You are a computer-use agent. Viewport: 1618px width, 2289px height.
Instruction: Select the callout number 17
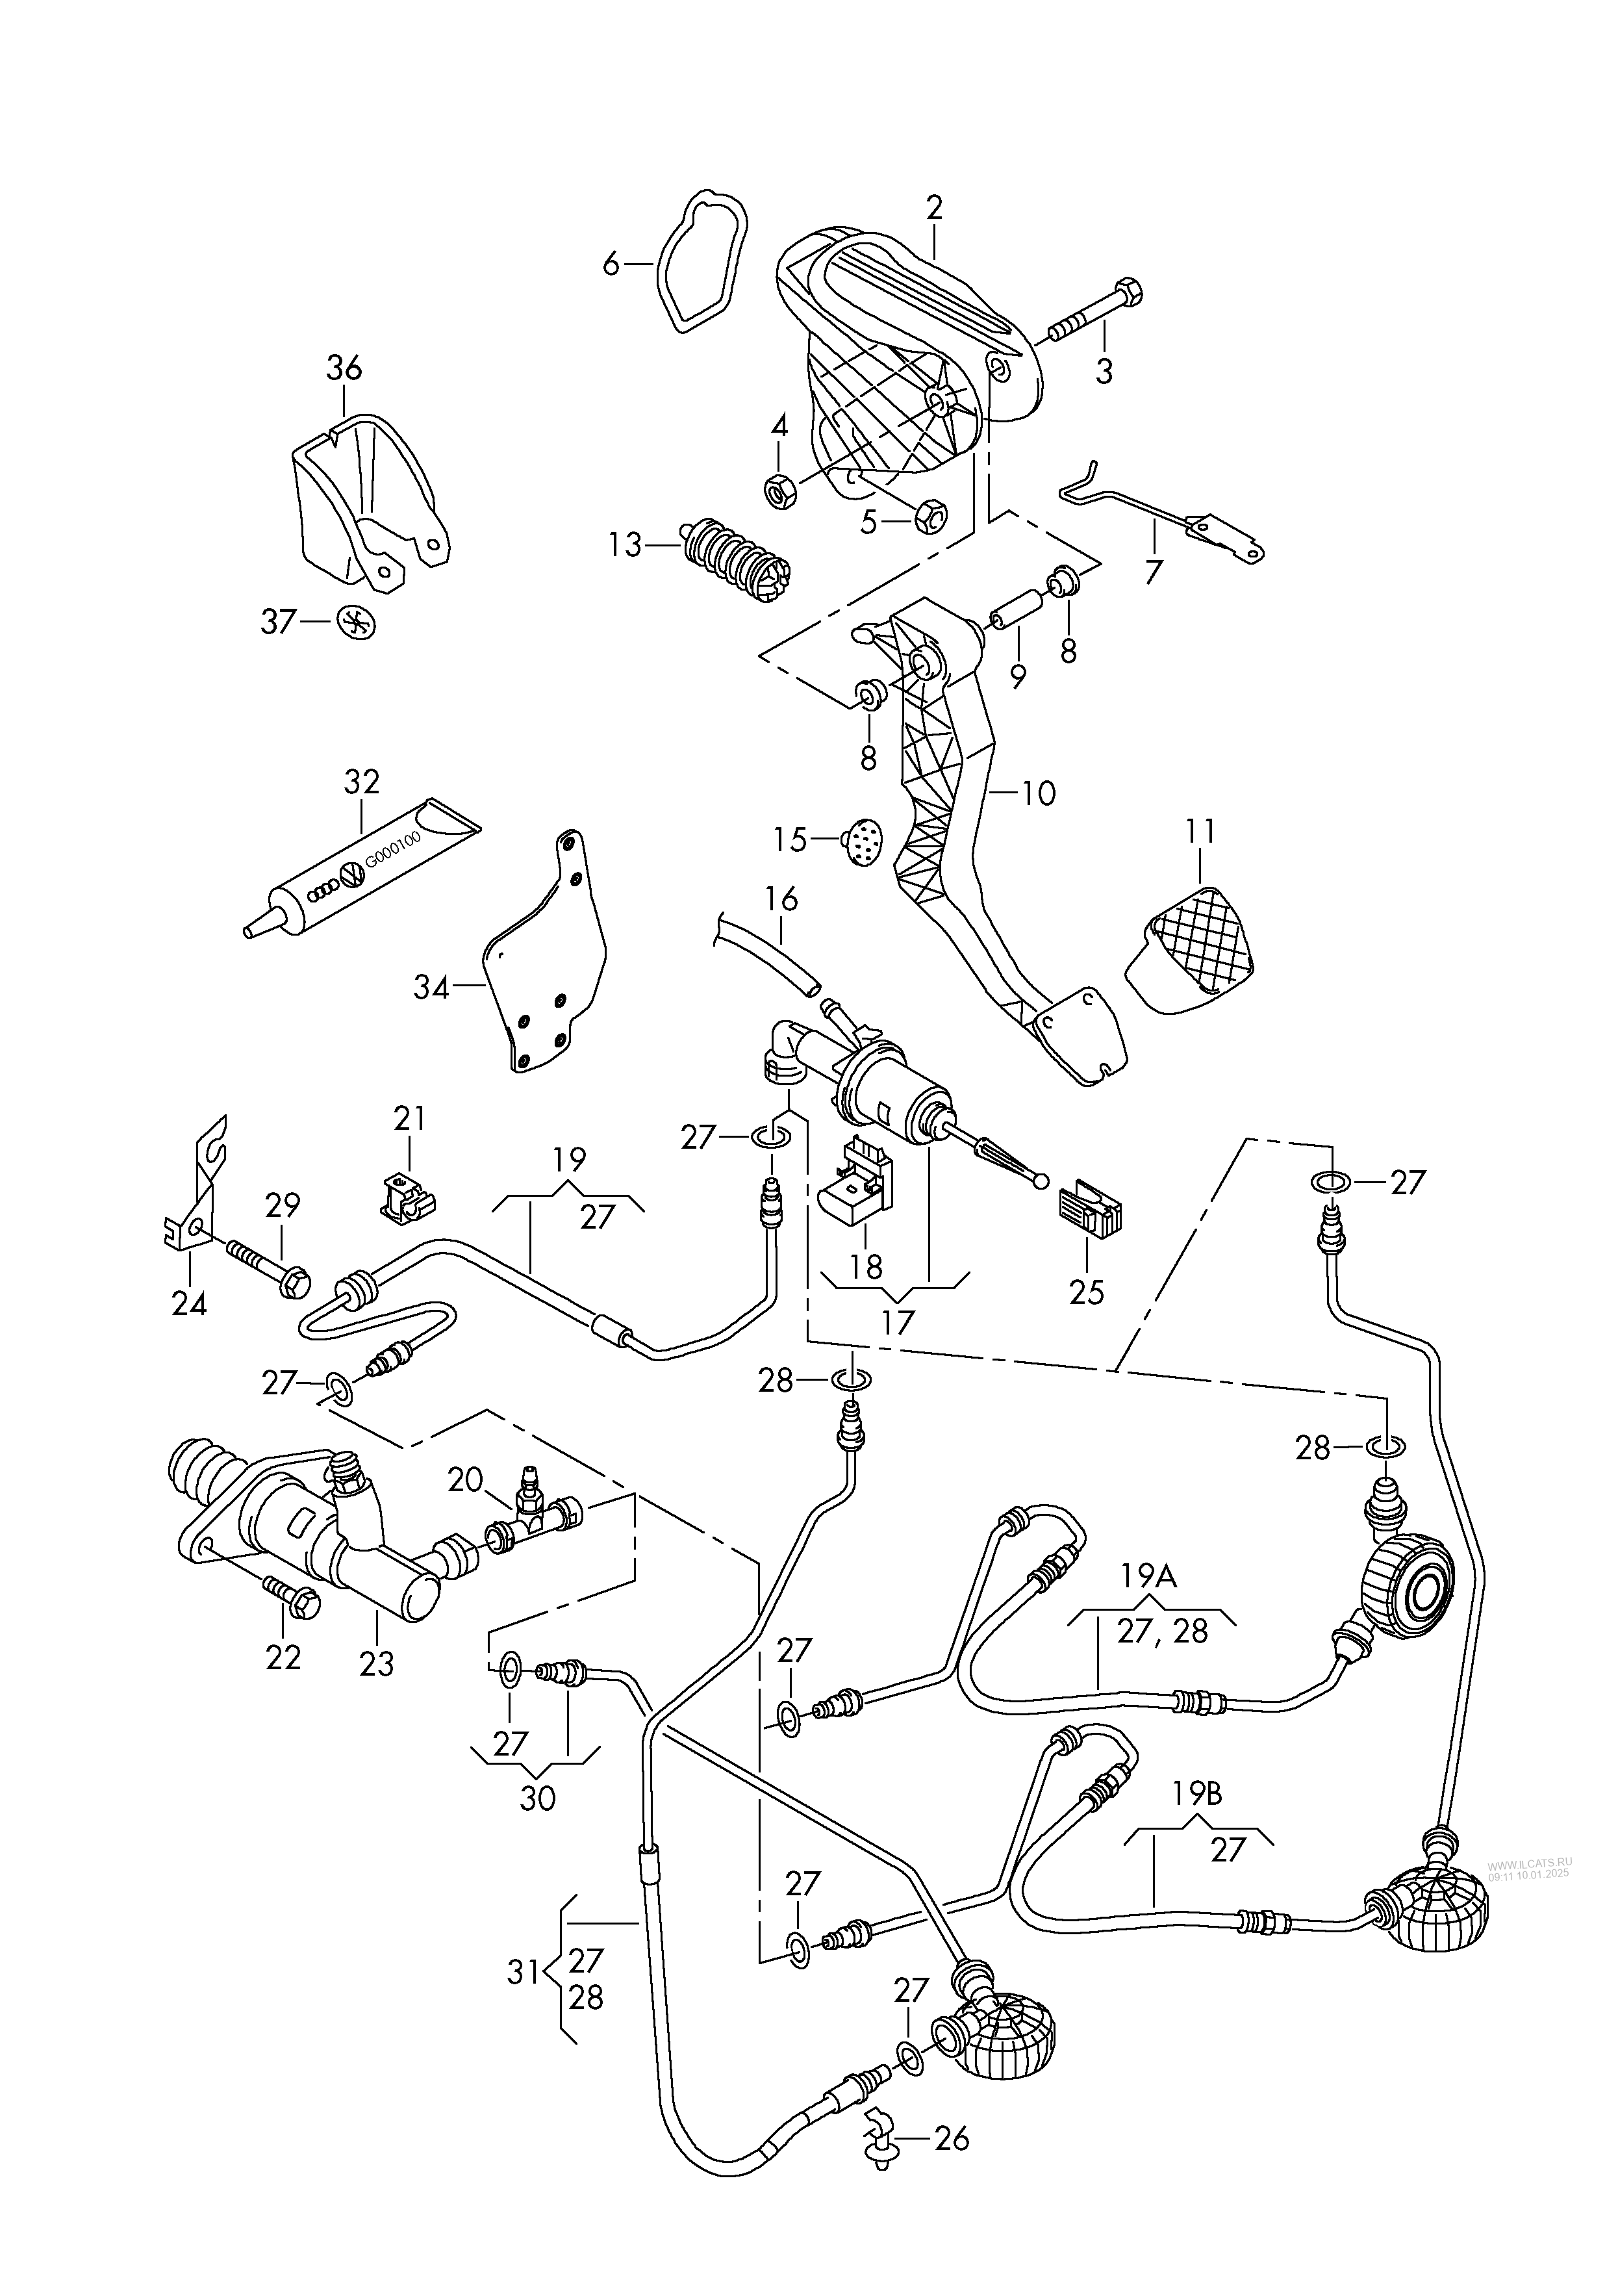tap(897, 1323)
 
